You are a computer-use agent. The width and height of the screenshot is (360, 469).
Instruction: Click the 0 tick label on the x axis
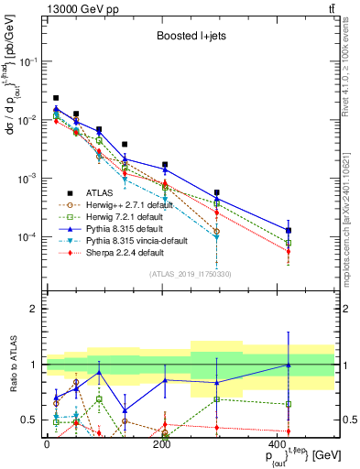(47, 443)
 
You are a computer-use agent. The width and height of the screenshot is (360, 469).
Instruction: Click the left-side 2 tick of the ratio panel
(34, 309)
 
